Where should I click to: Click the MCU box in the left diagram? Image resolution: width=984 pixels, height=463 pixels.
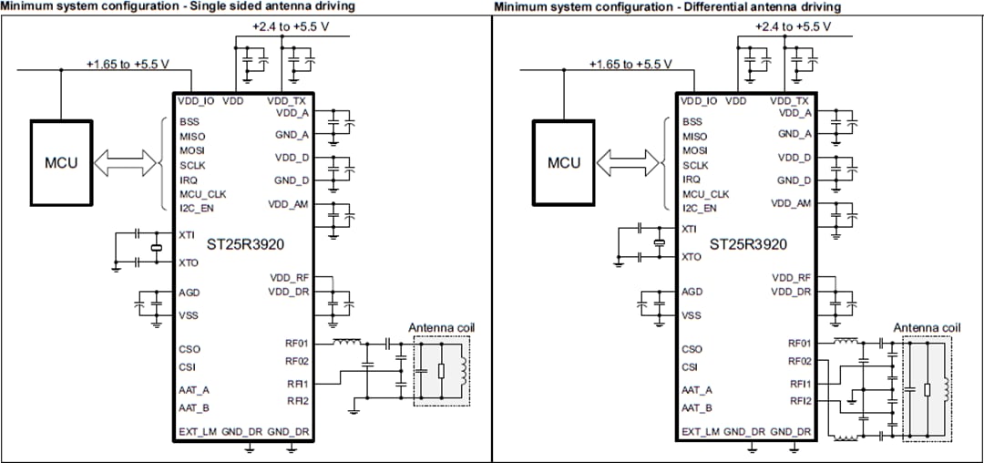pos(61,163)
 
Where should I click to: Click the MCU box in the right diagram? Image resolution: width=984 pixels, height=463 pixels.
pos(564,163)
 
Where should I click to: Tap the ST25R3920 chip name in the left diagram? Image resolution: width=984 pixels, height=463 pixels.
pos(246,244)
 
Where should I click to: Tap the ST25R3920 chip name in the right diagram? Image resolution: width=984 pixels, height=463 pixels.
pos(748,244)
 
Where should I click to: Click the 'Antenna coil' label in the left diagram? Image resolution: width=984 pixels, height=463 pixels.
pos(441,327)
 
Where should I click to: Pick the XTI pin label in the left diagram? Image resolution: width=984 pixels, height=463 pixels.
pos(187,234)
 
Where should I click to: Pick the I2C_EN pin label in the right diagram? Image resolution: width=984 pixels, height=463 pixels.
pos(698,209)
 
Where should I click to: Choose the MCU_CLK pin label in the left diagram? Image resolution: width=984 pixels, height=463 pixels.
pos(201,194)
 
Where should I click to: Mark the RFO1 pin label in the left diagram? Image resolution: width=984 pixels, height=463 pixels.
pos(298,344)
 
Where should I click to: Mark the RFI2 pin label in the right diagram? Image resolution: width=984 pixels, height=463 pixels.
pos(800,400)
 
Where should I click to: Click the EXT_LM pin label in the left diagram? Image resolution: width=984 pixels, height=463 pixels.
pos(198,431)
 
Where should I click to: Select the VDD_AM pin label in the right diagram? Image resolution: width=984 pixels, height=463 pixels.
pos(791,203)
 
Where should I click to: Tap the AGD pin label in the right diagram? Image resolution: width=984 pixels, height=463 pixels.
pos(692,293)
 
